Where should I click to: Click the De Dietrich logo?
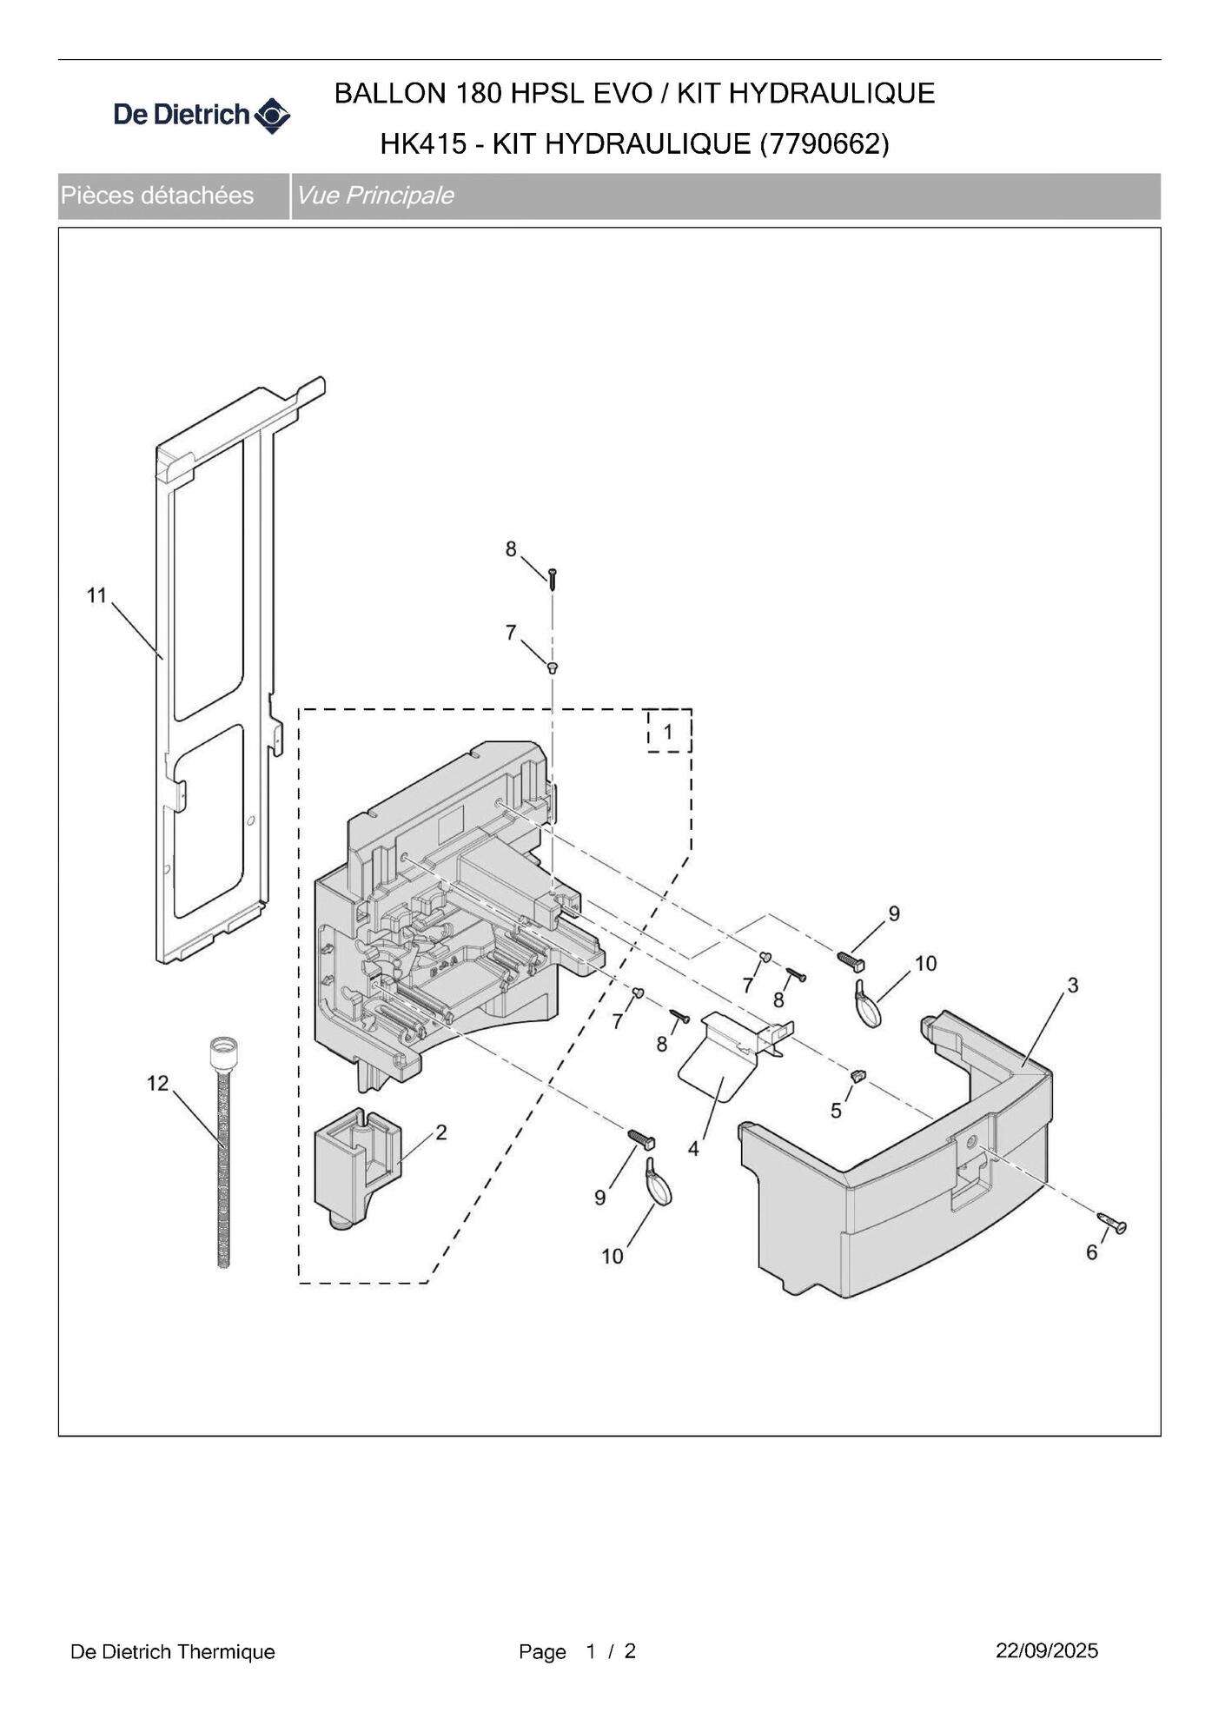202,115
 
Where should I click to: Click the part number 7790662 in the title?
824,143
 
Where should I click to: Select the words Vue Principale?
374,196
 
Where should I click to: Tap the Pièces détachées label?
157,196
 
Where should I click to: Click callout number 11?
96,595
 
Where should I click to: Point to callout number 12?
157,1083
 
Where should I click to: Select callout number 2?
441,1132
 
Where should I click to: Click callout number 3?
1073,985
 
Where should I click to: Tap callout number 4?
693,1149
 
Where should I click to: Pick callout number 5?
836,1111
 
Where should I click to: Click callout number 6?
1092,1252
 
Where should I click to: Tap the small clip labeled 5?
858,1075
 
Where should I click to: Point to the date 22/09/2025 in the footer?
1047,1650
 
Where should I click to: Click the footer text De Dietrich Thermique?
173,1651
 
